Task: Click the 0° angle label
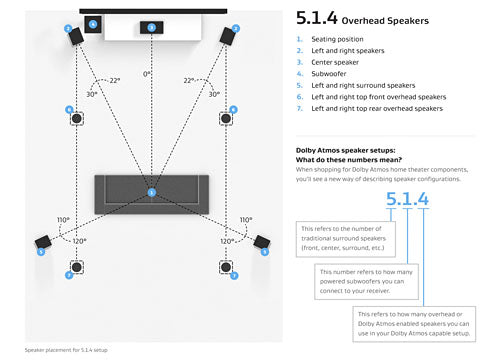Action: point(148,74)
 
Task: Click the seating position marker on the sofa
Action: point(151,191)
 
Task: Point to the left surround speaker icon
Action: point(44,242)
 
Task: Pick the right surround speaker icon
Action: point(261,242)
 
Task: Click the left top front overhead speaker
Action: point(77,119)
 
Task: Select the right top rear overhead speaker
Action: point(227,269)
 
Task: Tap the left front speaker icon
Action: point(75,36)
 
